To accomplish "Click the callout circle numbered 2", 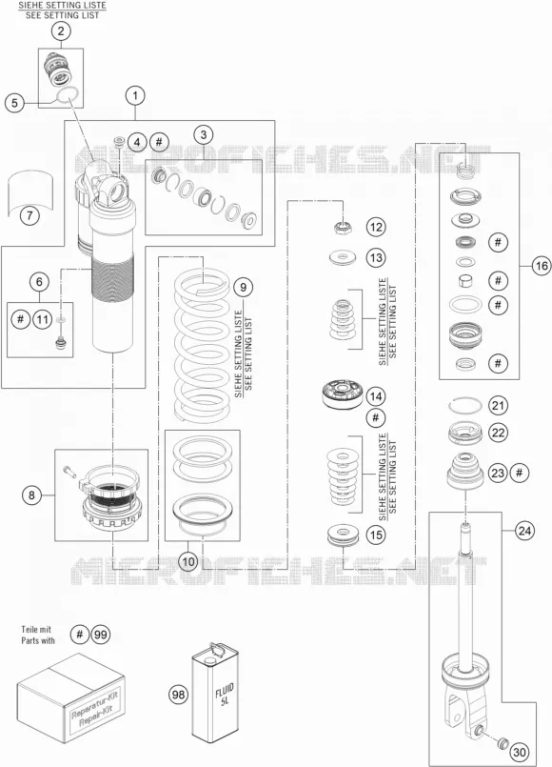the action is coord(61,31).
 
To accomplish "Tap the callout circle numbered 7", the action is coord(30,214).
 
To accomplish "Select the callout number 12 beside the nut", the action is coord(376,227).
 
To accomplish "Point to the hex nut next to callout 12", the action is coord(344,227).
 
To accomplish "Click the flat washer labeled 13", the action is coord(343,257).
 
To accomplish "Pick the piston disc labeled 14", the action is coord(342,394).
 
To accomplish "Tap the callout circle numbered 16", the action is coord(542,266).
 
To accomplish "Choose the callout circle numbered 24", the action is coord(524,531).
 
